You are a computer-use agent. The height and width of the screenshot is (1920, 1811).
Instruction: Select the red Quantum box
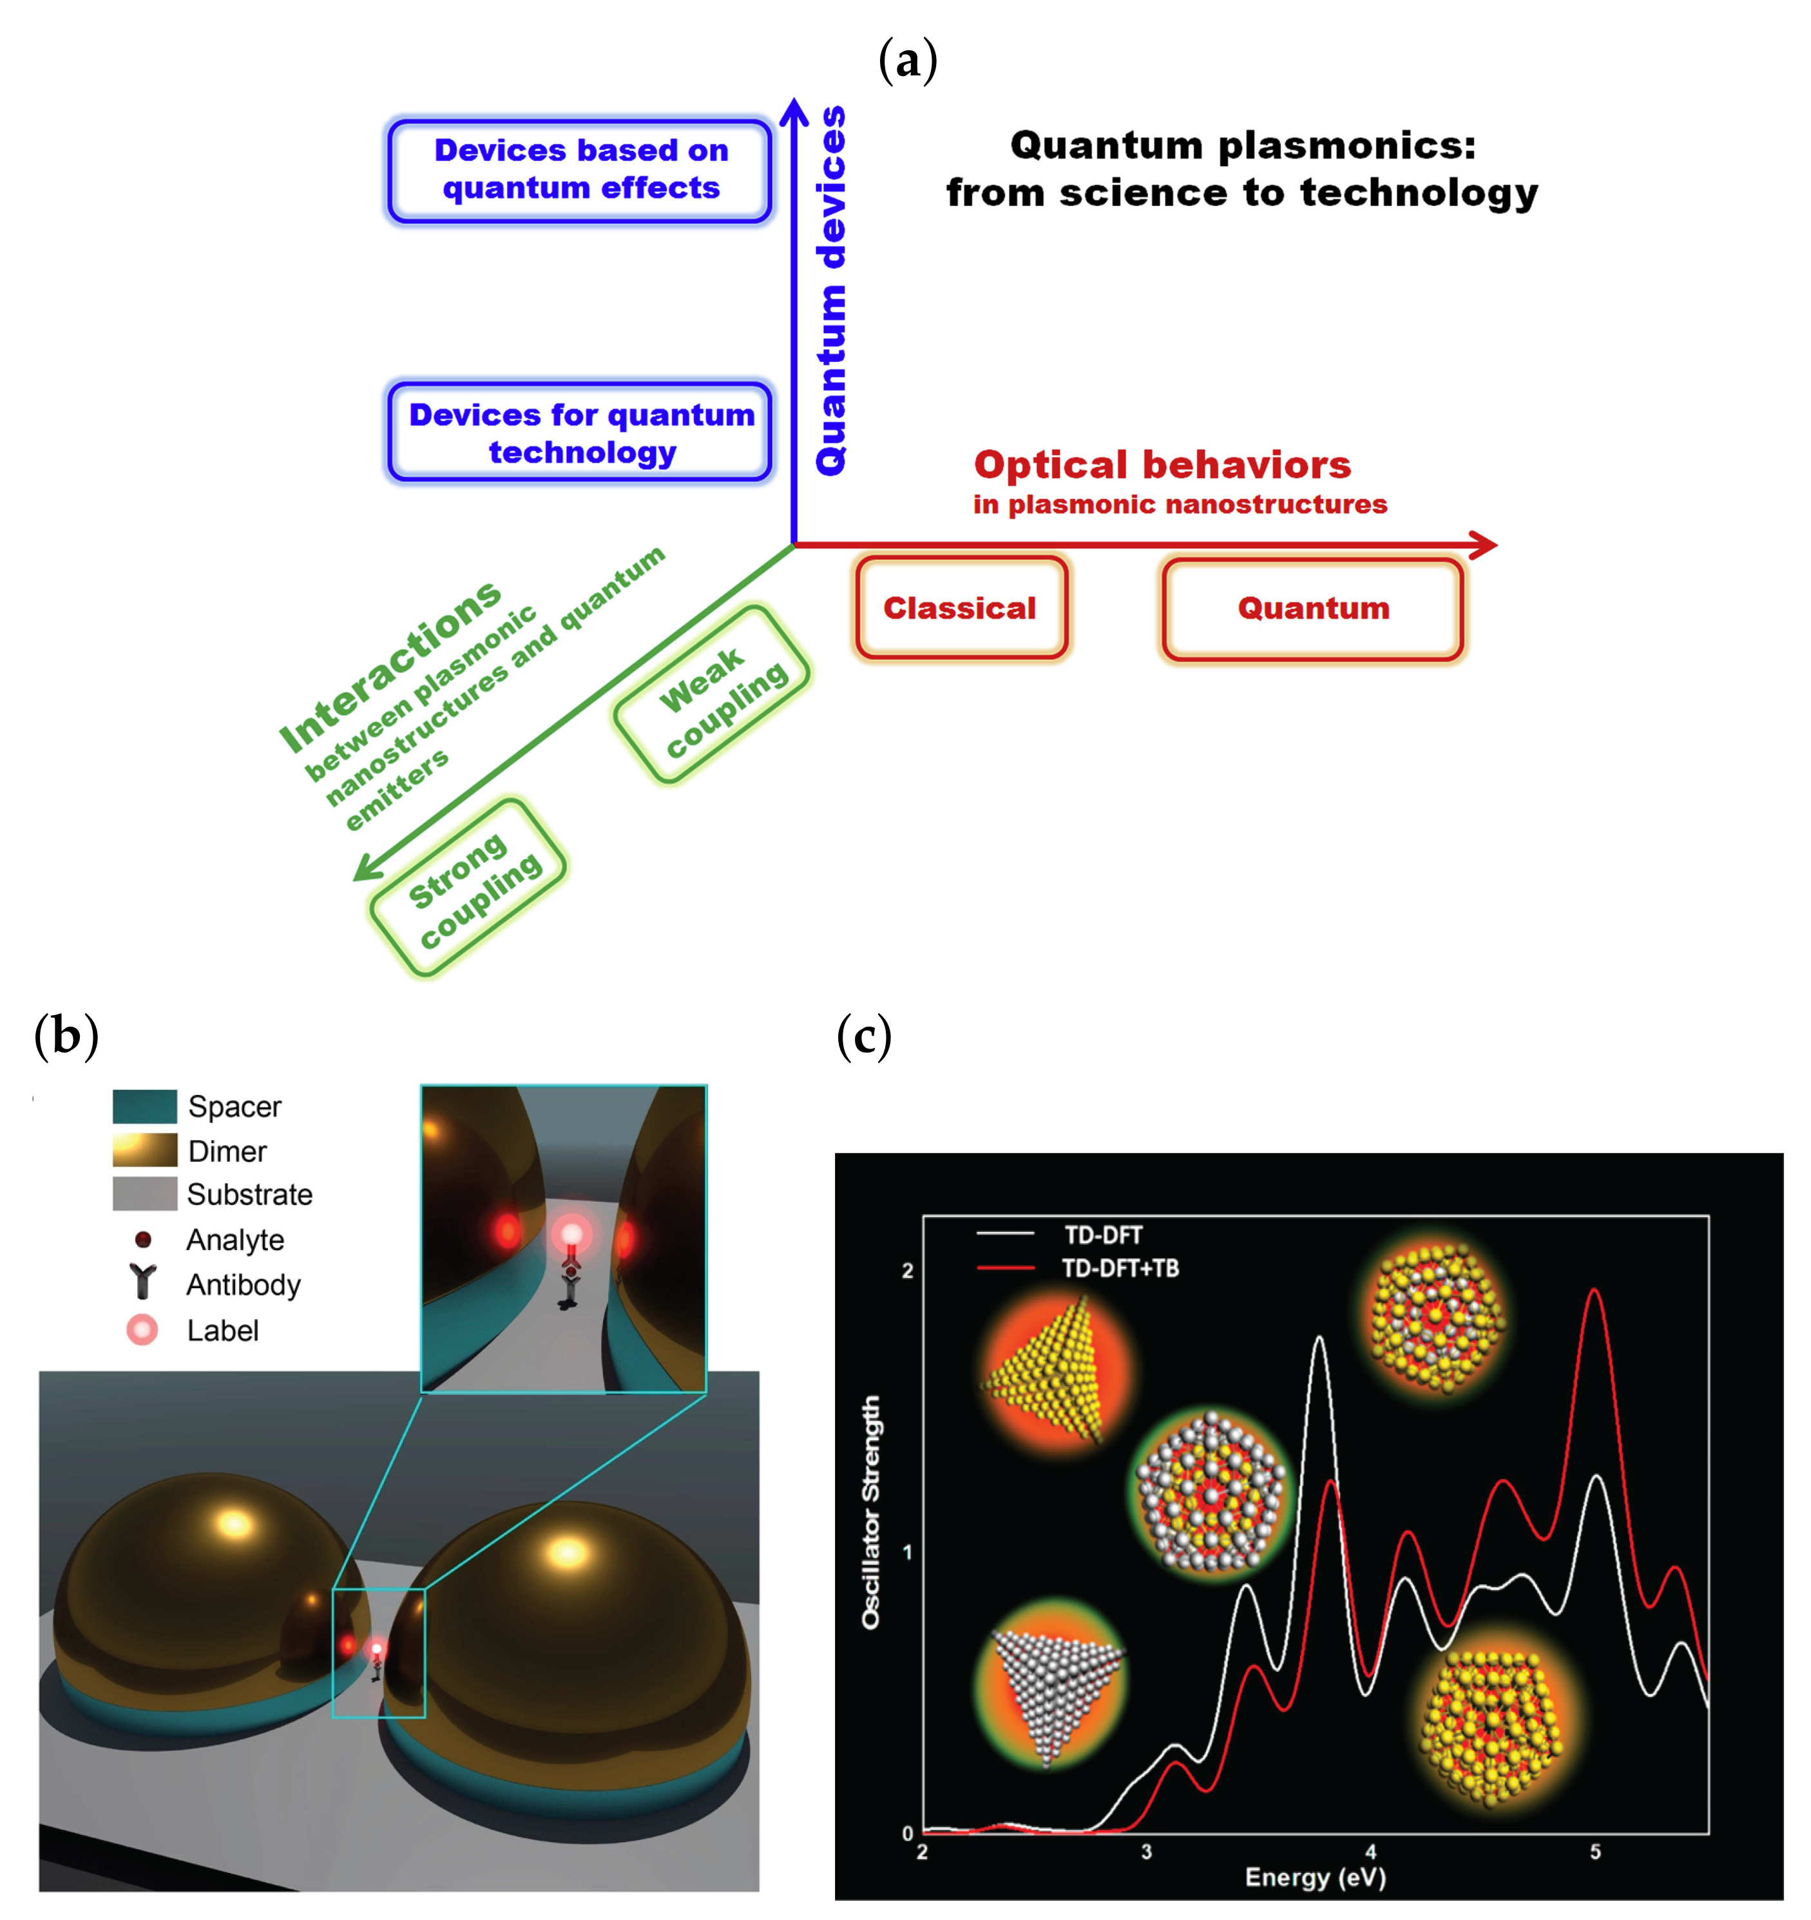point(1312,609)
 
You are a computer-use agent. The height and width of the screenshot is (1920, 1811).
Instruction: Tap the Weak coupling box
point(712,694)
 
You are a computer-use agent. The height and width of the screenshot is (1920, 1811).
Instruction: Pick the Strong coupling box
point(468,887)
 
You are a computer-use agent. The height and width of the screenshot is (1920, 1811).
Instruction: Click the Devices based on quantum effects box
point(580,170)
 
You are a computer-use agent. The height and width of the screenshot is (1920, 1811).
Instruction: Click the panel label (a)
point(907,61)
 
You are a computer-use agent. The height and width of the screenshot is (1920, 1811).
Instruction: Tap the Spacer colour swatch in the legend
point(145,1106)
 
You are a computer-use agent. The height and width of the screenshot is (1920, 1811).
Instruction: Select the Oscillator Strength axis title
point(871,1512)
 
